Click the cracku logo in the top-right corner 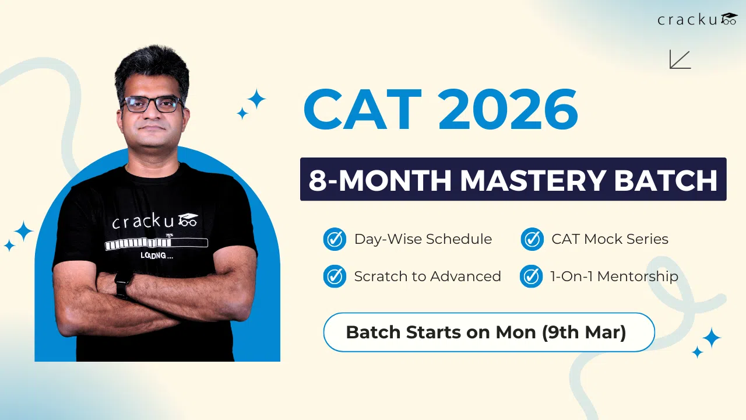click(697, 19)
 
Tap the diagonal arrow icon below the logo click(680, 60)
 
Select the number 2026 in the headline click(508, 109)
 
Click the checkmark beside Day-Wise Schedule click(335, 239)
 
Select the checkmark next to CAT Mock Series click(532, 239)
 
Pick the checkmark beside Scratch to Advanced click(335, 276)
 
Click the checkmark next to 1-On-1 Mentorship click(532, 276)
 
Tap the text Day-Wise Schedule click(423, 239)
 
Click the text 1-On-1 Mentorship click(614, 276)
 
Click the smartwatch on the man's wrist click(123, 285)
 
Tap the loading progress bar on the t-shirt click(156, 243)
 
